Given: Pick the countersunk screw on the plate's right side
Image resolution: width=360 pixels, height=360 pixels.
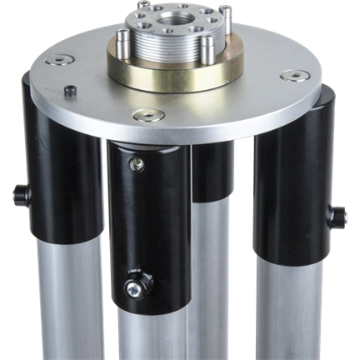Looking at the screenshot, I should coord(293,76).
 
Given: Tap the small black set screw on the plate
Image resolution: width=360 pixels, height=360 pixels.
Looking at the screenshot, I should coord(69,89).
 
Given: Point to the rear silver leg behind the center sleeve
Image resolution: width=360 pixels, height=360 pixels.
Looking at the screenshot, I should coord(212,275).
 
